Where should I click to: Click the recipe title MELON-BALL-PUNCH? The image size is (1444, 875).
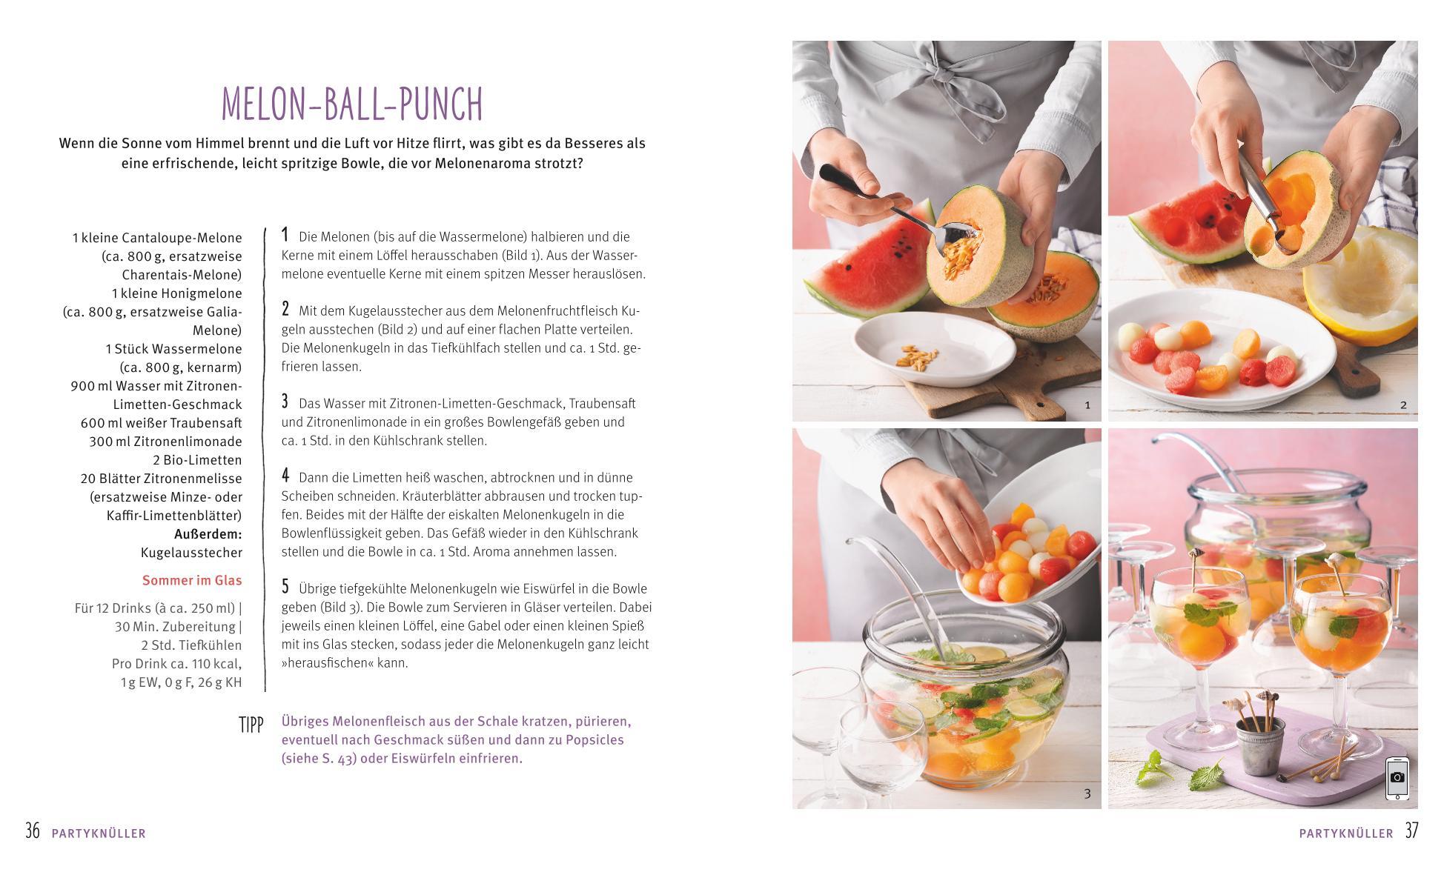(x=352, y=104)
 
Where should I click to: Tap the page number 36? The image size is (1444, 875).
(x=33, y=831)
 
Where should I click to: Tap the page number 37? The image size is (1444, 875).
(x=1411, y=831)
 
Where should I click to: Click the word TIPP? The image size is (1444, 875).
(x=251, y=725)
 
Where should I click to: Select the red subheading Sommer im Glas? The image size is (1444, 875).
(x=192, y=581)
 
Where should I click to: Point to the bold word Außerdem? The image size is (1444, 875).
(x=208, y=534)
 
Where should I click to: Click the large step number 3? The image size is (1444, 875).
(x=285, y=402)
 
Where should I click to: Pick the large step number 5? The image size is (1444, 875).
(x=285, y=587)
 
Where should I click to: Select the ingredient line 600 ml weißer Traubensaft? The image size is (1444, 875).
(x=162, y=423)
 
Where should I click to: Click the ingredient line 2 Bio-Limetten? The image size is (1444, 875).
(x=197, y=460)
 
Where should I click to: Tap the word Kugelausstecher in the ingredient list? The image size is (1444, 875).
(x=191, y=553)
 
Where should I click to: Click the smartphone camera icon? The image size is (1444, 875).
(x=1397, y=778)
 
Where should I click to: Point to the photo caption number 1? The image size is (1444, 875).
(x=1087, y=405)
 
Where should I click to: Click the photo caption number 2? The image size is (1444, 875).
(x=1403, y=405)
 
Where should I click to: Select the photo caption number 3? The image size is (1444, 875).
(x=1087, y=794)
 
